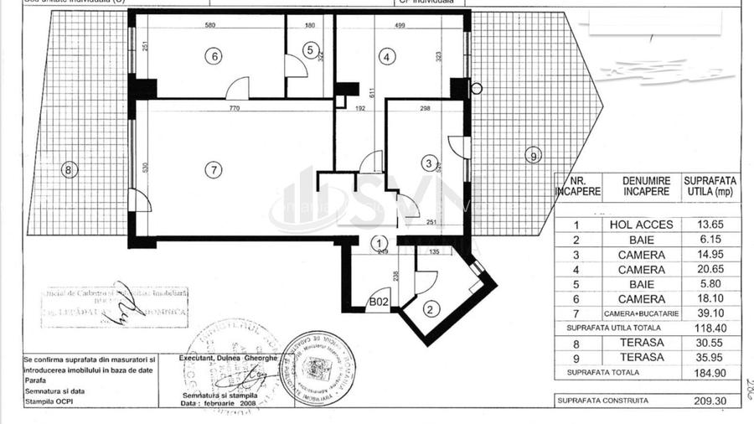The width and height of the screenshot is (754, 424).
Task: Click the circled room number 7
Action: (214, 169)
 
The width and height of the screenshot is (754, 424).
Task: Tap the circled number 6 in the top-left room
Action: (215, 56)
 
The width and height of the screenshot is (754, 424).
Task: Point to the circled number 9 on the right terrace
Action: (531, 154)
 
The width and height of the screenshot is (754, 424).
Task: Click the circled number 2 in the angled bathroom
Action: (430, 308)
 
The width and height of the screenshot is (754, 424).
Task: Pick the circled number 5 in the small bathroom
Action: (310, 51)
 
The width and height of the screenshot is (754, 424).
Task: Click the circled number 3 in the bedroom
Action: (428, 163)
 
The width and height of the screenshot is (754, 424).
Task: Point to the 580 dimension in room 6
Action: (209, 24)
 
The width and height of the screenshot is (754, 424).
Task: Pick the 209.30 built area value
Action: (710, 401)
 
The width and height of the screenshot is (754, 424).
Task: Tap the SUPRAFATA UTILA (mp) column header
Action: (710, 185)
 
